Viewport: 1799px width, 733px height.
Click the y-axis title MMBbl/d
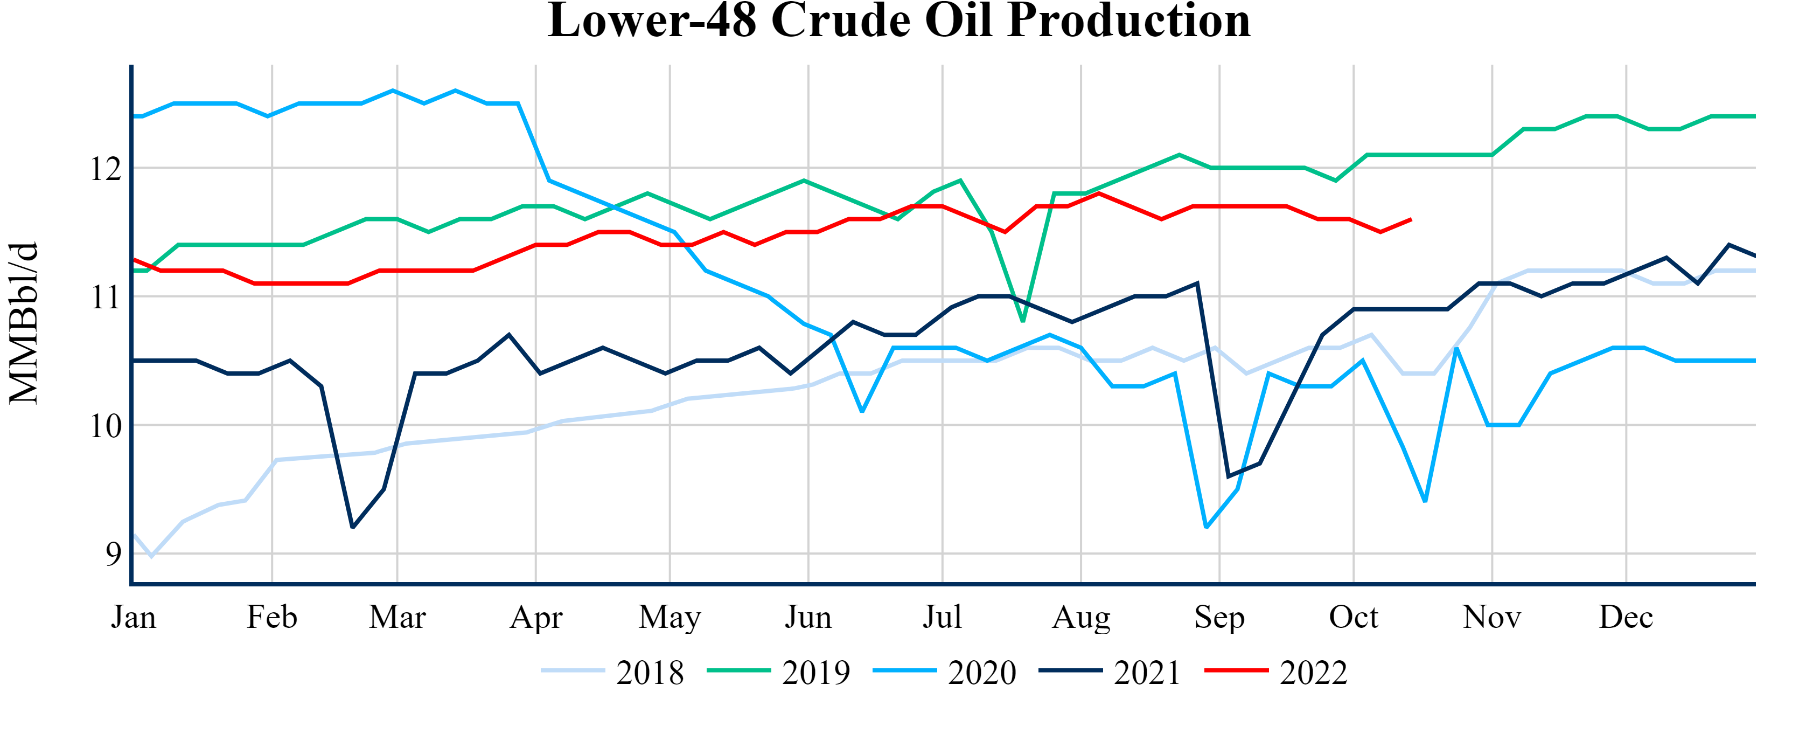(24, 323)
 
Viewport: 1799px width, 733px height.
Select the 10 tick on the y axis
(106, 426)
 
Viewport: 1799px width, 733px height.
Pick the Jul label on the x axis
(942, 617)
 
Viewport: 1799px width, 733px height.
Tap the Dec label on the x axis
(1626, 617)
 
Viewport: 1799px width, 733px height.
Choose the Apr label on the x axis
(535, 617)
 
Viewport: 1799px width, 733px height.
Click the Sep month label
(1219, 617)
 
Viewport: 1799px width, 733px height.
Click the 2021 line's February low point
(353, 527)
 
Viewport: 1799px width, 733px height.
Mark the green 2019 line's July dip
(1023, 321)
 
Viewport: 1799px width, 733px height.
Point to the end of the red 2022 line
(1411, 219)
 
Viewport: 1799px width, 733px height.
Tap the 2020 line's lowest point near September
(1207, 527)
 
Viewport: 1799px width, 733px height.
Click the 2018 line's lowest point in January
(151, 556)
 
